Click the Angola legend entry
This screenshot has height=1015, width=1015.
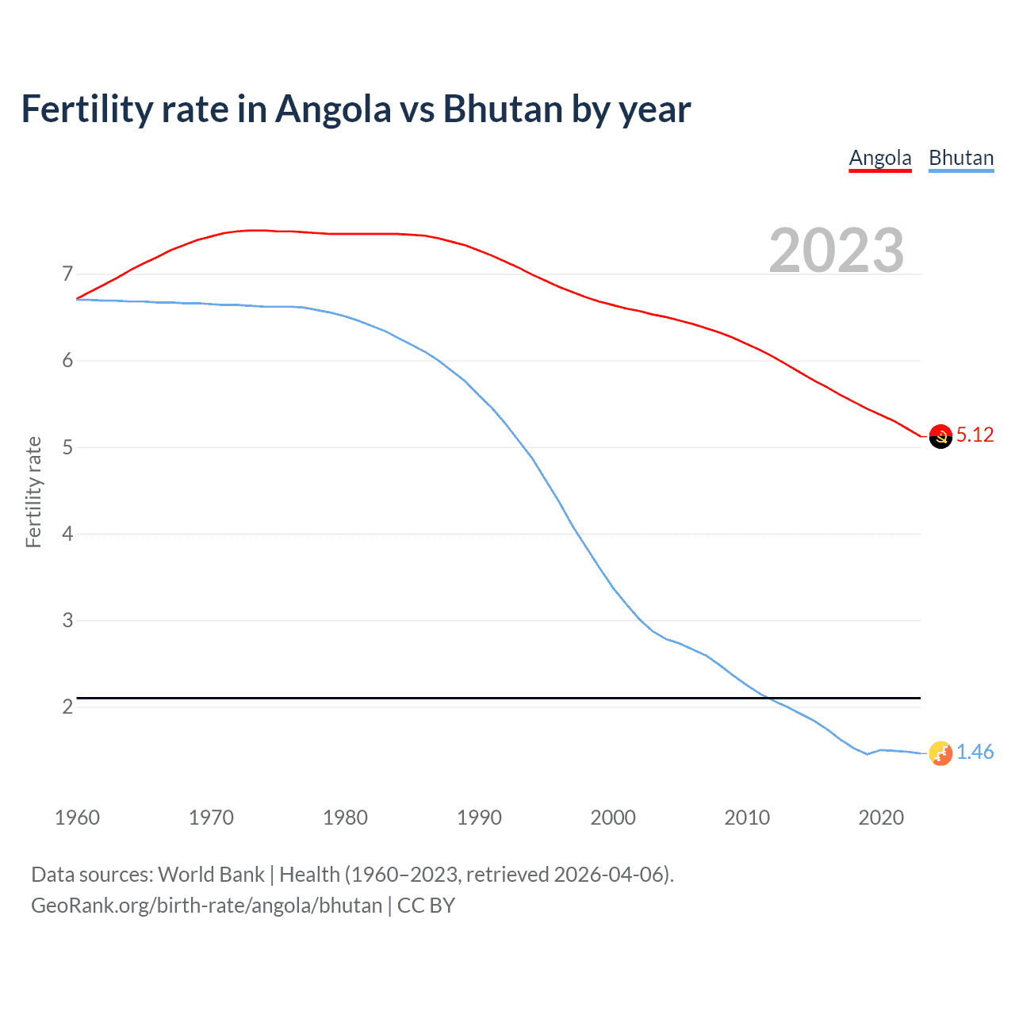tap(880, 158)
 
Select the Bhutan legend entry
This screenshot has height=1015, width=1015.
tap(961, 158)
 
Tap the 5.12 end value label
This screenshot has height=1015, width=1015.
tap(975, 435)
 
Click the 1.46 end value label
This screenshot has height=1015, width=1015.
tap(975, 752)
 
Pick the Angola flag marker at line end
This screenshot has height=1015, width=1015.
tap(940, 436)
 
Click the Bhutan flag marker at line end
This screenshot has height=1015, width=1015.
tap(940, 753)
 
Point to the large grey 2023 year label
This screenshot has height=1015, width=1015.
tap(837, 251)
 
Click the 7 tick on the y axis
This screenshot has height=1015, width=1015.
tap(67, 274)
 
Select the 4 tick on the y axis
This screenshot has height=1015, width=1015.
tap(67, 534)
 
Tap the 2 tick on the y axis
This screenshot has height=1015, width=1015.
tap(67, 707)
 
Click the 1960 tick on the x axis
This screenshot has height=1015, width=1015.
tap(77, 818)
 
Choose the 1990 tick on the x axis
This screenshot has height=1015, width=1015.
tap(479, 818)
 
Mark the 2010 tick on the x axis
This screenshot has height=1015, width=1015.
tap(747, 818)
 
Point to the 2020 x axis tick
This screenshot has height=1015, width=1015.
tap(881, 818)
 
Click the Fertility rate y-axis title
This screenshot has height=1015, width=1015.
tap(33, 492)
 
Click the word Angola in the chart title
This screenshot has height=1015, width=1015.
tap(333, 109)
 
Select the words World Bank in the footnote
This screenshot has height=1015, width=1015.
tap(211, 875)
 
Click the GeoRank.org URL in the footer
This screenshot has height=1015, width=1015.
tap(206, 906)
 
